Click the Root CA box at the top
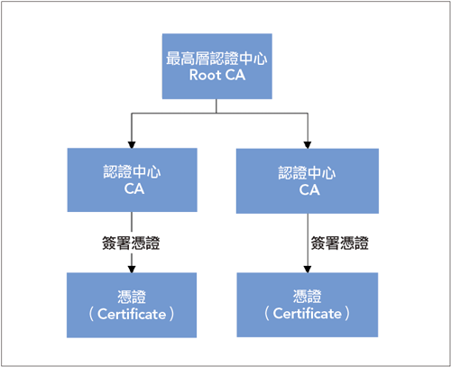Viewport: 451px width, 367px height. [x=217, y=66]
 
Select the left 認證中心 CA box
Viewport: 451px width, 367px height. [x=133, y=179]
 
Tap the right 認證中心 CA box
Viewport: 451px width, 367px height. [x=308, y=181]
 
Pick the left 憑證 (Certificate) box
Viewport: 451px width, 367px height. [x=132, y=305]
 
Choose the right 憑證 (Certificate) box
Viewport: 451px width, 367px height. [x=308, y=305]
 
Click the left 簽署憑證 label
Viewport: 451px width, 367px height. [x=131, y=243]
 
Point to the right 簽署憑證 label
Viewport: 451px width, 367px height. [x=340, y=243]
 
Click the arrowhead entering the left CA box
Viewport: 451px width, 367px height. [x=132, y=144]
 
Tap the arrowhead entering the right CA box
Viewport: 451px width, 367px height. [x=308, y=145]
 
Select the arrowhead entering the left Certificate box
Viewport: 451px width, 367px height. [x=132, y=270]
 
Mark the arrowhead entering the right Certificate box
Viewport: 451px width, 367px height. [x=308, y=270]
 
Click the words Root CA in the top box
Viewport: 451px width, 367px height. [x=217, y=75]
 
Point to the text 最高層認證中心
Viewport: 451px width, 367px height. [x=216, y=59]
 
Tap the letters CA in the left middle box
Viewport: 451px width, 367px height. [x=134, y=188]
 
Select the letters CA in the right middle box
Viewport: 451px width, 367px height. [x=309, y=190]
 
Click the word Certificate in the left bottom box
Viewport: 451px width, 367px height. [x=132, y=315]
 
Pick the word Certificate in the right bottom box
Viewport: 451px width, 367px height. [x=308, y=314]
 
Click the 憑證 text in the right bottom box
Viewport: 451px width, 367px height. [x=308, y=297]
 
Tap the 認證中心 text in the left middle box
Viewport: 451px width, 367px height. [x=132, y=172]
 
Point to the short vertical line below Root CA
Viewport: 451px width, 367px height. [x=216, y=106]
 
